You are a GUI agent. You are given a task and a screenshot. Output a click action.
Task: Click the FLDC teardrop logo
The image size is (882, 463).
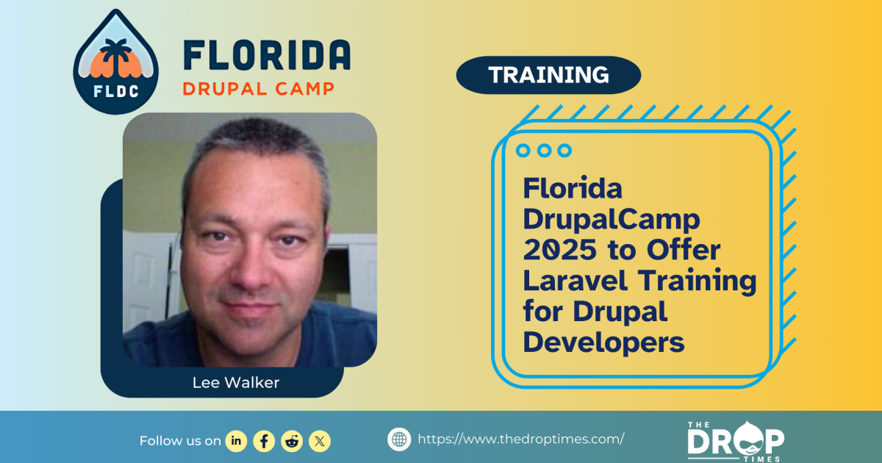[106, 62]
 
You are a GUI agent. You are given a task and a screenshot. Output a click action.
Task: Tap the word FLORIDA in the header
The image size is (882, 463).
[266, 56]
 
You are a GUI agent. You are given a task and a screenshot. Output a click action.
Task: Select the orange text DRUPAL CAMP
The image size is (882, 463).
[258, 89]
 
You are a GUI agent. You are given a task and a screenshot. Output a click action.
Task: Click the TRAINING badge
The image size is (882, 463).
[548, 75]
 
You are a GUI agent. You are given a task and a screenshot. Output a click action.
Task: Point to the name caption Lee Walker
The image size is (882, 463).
[235, 383]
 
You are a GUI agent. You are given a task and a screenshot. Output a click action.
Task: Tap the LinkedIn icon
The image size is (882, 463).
[236, 440]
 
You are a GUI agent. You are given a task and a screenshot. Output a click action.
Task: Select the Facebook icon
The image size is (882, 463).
[264, 440]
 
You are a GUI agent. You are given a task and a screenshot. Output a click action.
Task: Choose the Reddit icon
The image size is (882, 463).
[292, 440]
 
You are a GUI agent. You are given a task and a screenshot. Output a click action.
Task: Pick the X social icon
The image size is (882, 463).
[320, 440]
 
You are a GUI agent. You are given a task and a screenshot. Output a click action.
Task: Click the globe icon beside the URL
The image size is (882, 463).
[399, 439]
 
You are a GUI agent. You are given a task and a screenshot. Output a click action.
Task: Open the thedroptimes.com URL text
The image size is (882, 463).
[521, 439]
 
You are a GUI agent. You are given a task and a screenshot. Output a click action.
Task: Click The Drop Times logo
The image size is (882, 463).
[735, 440]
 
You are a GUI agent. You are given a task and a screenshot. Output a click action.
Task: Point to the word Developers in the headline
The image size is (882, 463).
[603, 342]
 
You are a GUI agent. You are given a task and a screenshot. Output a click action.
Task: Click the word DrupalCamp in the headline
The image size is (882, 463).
[612, 219]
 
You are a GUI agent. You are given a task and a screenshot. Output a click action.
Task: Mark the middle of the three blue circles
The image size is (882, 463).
[544, 151]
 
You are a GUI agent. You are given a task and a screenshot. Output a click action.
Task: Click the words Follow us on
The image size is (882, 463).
[180, 441]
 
